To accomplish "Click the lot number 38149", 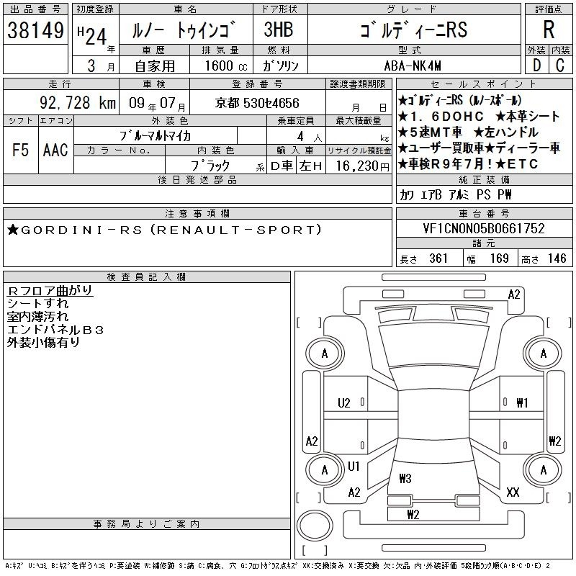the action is (x=35, y=30).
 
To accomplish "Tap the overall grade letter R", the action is (x=549, y=30).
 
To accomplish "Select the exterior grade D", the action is (x=536, y=66).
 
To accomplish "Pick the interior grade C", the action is (x=560, y=66).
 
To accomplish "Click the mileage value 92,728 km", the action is (x=78, y=103).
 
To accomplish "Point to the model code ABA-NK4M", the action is (x=413, y=66).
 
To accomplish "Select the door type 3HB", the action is (x=279, y=30).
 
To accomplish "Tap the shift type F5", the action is (x=20, y=150).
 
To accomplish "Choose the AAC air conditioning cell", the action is (x=55, y=150).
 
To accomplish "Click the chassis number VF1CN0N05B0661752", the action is (x=484, y=228).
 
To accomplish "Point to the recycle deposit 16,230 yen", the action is (x=362, y=166).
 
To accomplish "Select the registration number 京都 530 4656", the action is (x=257, y=103).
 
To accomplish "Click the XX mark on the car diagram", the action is (x=513, y=492).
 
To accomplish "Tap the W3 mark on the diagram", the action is (x=405, y=478).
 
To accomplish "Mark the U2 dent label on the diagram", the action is (x=344, y=403).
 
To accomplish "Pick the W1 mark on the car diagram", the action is (x=522, y=403).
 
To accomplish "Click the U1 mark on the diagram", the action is (x=354, y=466).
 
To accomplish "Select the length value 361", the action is (x=438, y=258).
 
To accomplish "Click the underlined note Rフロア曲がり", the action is (x=50, y=290).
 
